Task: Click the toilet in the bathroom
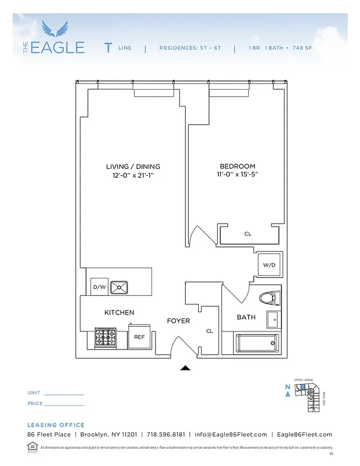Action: point(268,298)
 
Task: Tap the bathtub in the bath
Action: point(256,343)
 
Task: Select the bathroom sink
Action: point(273,319)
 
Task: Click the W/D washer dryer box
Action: point(270,265)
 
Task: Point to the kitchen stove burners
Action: point(108,337)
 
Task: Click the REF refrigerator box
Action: point(139,337)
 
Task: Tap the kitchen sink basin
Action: point(119,287)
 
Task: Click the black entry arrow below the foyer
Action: point(185,368)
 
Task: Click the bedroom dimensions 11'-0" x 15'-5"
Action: point(237,174)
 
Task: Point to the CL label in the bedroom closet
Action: point(248,234)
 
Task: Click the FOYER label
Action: point(178,321)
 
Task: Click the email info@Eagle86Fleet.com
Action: point(231,435)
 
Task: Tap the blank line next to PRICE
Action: point(64,405)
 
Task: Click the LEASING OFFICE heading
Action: point(56,425)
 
